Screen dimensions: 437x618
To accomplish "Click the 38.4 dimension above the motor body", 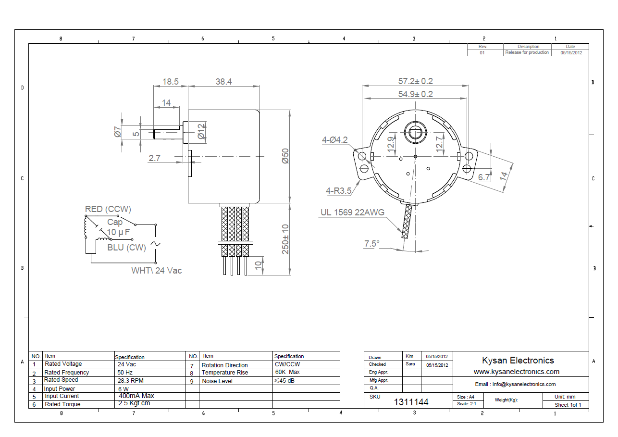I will coord(223,82).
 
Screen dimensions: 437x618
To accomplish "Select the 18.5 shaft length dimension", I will coord(170,82).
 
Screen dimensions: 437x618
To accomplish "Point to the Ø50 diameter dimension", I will coord(285,156).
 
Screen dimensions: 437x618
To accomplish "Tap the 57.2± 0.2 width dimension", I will coord(415,81).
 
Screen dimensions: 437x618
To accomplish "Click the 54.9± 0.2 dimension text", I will coord(415,94).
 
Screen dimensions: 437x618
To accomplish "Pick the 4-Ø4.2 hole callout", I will coord(334,140).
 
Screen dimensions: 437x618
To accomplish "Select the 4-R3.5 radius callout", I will coord(338,191).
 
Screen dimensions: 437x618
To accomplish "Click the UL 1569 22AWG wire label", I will coord(352,212).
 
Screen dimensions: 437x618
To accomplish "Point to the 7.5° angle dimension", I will coord(371,244).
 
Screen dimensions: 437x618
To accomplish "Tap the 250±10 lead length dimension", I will coord(285,239).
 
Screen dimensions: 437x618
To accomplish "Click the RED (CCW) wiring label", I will coord(108,209).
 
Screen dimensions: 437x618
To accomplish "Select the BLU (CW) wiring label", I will coord(126,248).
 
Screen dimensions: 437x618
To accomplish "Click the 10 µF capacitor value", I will coord(118,233).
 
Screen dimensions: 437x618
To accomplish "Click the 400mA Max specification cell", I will coord(136,396).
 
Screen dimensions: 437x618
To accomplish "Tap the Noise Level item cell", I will coord(217,381).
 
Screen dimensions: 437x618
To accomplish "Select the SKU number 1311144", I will coord(411,402).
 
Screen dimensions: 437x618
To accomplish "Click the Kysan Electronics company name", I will coord(518,361).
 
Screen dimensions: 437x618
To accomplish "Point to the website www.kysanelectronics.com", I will coord(516,372).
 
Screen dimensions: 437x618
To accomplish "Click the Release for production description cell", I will coord(527,52).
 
